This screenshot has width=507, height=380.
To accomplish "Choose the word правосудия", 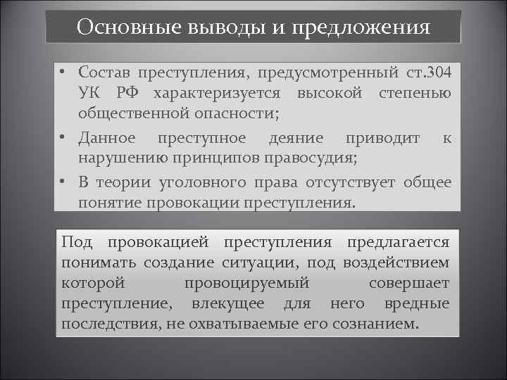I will (320, 158).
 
